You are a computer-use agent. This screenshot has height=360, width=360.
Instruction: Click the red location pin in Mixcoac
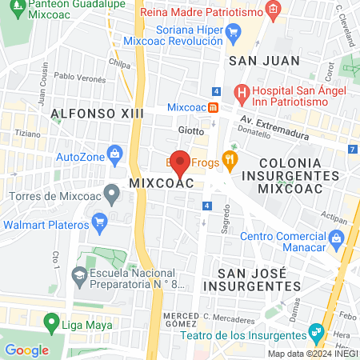click(181, 162)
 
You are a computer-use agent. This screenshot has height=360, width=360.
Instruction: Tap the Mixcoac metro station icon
click(214, 108)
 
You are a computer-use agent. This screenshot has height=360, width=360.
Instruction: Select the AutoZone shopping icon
click(115, 152)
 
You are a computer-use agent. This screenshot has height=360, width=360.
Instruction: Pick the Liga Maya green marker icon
click(53, 326)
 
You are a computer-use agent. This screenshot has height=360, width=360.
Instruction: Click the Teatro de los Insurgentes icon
click(317, 330)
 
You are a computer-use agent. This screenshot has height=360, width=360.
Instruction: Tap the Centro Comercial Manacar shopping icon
click(336, 236)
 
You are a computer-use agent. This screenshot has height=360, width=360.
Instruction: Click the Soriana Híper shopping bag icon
click(234, 33)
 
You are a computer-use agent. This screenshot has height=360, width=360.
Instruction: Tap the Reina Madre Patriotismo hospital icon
click(274, 11)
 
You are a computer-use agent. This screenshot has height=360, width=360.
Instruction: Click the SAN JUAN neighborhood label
click(253, 60)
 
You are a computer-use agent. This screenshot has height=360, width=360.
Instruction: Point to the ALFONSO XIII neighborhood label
click(96, 114)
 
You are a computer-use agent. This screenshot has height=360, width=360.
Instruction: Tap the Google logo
click(26, 350)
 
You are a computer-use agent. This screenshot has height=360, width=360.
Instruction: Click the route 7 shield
click(353, 149)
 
